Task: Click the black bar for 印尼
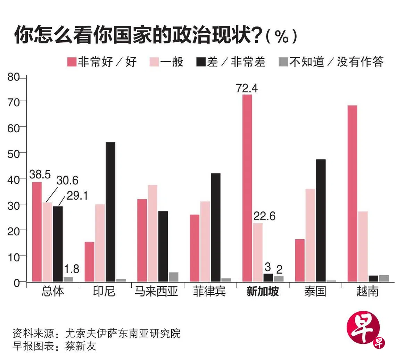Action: point(110,211)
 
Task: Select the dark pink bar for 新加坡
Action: point(247,187)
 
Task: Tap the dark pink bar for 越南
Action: point(352,193)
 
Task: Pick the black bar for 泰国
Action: point(321,220)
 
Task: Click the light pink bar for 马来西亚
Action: point(152,233)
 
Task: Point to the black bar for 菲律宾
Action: point(215,227)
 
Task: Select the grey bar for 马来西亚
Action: point(174,277)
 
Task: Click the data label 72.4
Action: point(247,89)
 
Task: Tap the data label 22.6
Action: point(264,216)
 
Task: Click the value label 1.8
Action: point(71,269)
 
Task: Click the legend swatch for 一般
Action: point(154,62)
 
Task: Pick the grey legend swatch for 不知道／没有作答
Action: point(283,62)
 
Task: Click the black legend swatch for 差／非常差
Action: point(201,62)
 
